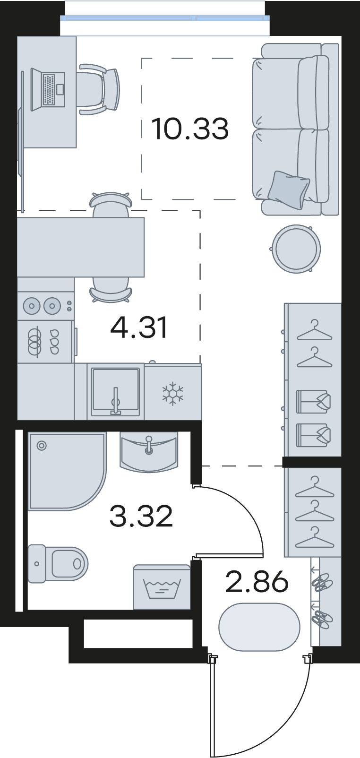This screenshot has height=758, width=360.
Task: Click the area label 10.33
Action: point(190,129)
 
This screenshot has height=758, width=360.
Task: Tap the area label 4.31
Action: point(139,328)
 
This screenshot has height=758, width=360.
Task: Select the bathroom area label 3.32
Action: point(141,516)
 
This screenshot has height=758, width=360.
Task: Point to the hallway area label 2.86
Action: point(257,582)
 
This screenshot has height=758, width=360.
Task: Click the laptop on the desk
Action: point(48,89)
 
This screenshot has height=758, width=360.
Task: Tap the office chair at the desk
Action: point(99,89)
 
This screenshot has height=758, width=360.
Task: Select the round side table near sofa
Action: point(297,249)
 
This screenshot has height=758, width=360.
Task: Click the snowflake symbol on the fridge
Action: point(172,394)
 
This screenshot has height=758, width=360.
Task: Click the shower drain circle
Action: point(42,446)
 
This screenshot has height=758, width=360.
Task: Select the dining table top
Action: point(81,247)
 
